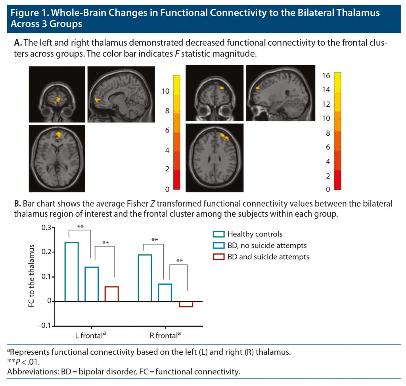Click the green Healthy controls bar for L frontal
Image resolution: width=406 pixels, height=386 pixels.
point(71,272)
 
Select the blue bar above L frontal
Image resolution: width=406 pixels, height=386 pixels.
point(92,284)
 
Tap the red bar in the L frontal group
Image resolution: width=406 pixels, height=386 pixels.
point(111,294)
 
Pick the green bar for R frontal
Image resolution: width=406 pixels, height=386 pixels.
point(145,278)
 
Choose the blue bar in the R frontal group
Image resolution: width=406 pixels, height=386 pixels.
point(165,292)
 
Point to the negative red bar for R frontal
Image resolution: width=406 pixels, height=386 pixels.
point(186,304)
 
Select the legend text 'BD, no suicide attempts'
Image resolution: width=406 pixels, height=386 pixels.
point(267,246)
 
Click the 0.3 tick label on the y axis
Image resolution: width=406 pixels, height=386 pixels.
point(46,228)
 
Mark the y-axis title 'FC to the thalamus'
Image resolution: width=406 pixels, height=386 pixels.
point(32,277)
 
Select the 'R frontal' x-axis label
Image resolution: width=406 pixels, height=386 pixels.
point(163,336)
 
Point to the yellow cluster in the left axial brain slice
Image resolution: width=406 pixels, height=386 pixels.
point(59,135)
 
